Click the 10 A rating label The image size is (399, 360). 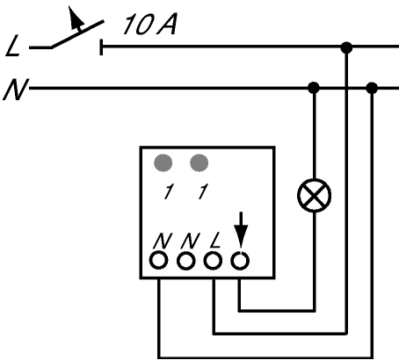coord(149,25)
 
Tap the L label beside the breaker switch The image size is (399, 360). coord(13,46)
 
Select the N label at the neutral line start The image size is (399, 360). coord(16,90)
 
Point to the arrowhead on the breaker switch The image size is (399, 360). coord(76,18)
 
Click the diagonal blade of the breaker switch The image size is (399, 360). coord(77,33)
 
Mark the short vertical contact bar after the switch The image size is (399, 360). coord(101,47)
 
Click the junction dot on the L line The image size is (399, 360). coord(346,47)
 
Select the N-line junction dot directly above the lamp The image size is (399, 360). coord(314,88)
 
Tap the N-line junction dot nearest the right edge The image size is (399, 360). coord(372,88)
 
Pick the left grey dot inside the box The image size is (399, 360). coord(163,162)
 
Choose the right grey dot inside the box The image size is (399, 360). coord(199,162)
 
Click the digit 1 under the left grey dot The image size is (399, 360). coord(168,191)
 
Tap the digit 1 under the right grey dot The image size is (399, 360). coord(203,191)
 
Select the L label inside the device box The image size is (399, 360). coord(215,241)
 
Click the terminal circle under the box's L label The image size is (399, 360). coord(213,261)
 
